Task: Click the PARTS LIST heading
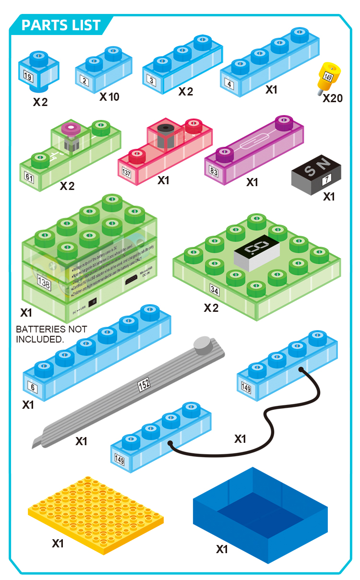(61, 25)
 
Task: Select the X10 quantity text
(109, 97)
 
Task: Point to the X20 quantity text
(333, 98)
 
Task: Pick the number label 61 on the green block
(30, 178)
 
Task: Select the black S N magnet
(317, 173)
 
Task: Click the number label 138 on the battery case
(44, 284)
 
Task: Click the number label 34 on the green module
(215, 290)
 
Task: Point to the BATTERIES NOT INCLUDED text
(51, 334)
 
